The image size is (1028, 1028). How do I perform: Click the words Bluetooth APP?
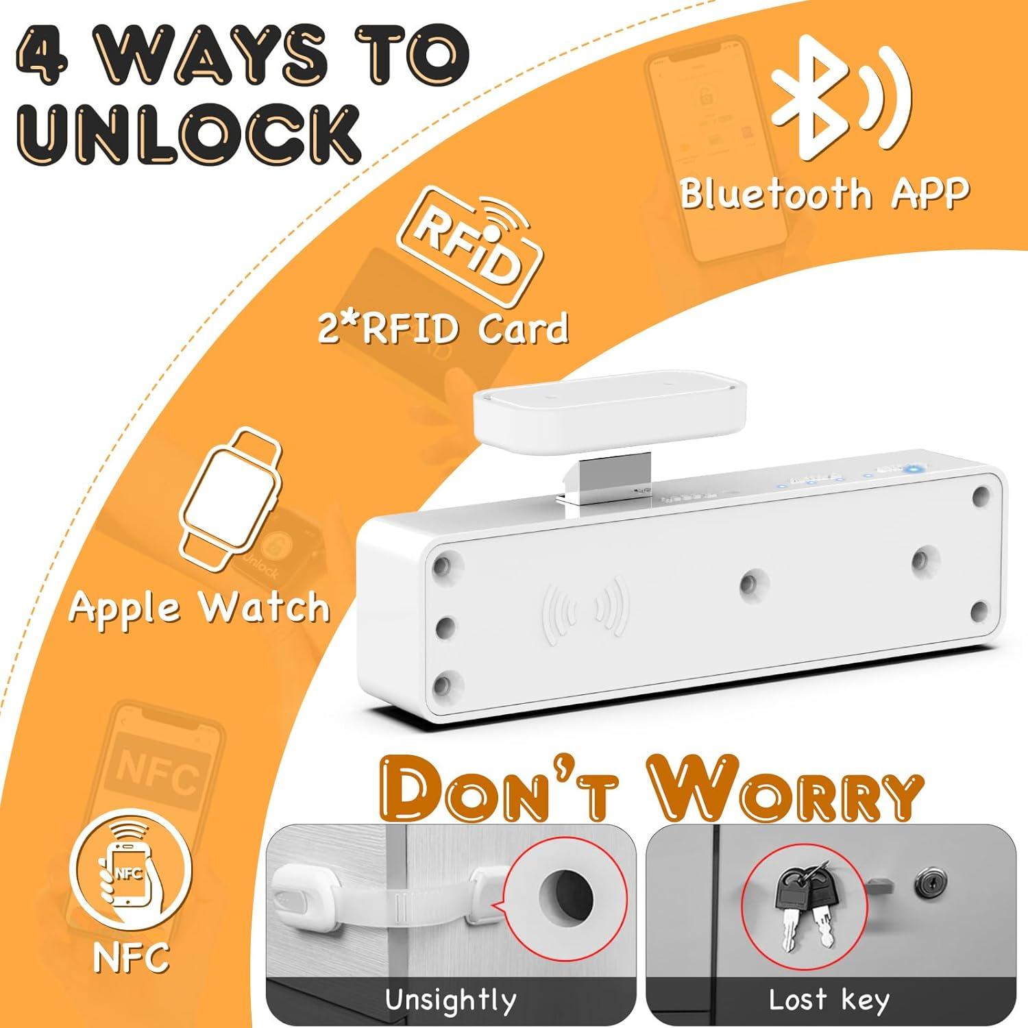pyautogui.click(x=824, y=193)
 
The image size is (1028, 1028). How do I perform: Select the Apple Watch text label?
pyautogui.click(x=199, y=607)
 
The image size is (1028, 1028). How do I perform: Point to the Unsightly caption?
pyautogui.click(x=450, y=1000)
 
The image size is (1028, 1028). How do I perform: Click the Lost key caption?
pyautogui.click(x=829, y=1000)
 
